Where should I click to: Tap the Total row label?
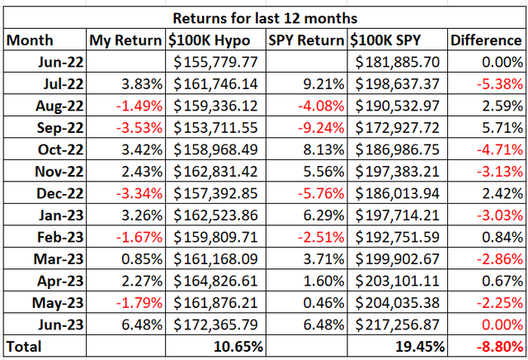25,346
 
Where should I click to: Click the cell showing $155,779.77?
216,60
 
